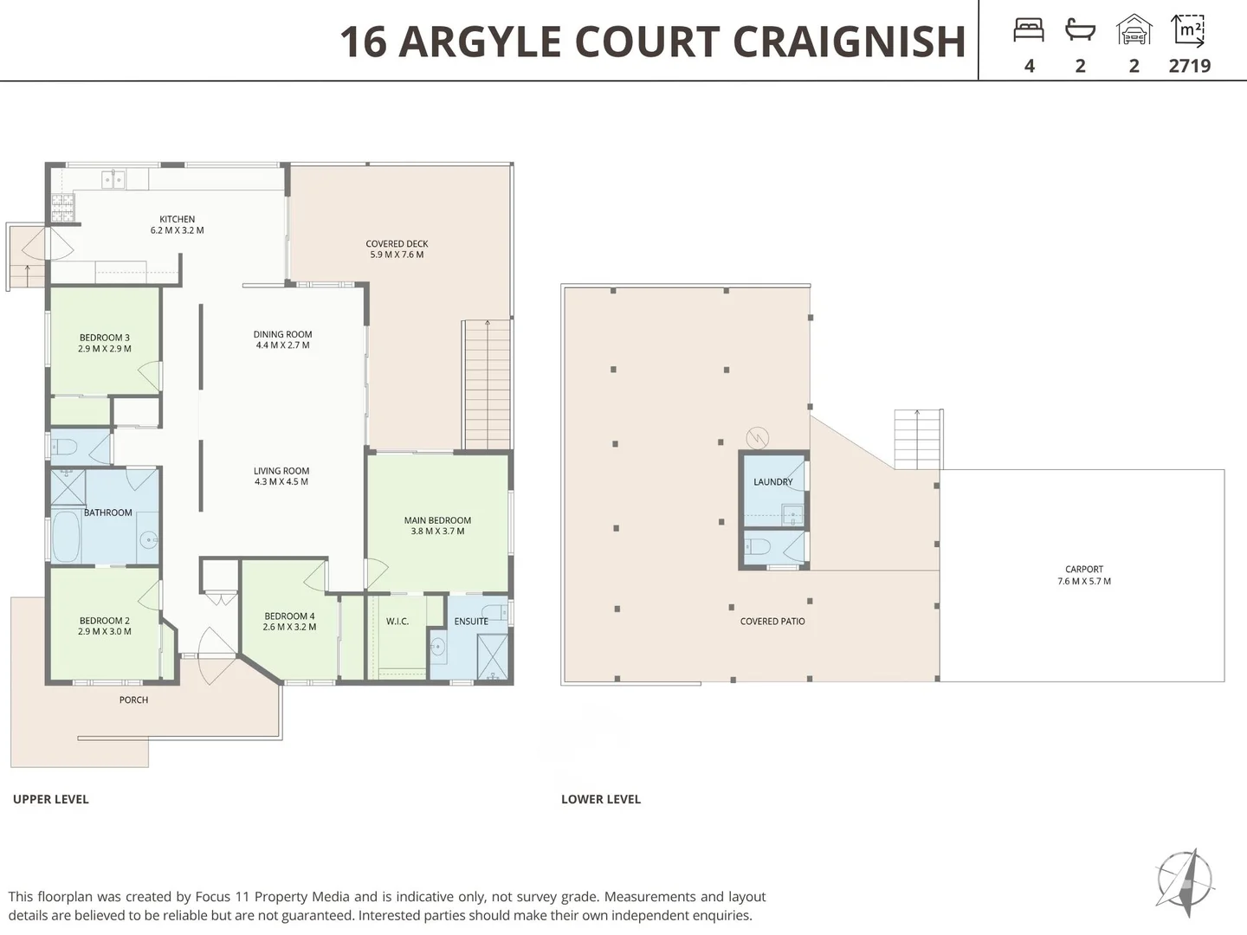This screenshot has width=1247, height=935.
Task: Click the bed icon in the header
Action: click(1029, 30)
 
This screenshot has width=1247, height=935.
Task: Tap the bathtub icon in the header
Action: click(1080, 29)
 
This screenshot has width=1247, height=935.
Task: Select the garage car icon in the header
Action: click(1134, 29)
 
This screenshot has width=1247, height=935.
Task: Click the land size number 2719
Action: click(1190, 66)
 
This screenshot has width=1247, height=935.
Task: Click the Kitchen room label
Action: click(178, 219)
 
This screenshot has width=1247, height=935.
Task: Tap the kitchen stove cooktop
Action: click(62, 208)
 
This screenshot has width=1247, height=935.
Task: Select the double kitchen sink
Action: click(113, 179)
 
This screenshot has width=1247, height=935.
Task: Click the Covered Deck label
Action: click(397, 243)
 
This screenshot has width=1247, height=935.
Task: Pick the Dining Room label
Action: click(283, 334)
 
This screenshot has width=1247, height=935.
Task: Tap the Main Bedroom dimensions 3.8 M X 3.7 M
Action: click(437, 532)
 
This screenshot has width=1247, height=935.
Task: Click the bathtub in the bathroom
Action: click(67, 537)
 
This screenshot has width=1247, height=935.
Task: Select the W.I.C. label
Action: click(397, 622)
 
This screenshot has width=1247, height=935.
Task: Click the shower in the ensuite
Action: click(492, 657)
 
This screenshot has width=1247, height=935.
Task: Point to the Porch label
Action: click(133, 700)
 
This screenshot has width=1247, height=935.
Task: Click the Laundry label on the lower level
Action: click(772, 482)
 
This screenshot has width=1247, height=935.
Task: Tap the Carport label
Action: click(1084, 569)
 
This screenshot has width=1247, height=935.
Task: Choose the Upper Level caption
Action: click(51, 799)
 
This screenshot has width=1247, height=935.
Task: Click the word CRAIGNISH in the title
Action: click(850, 42)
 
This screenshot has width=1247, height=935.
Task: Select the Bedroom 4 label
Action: click(289, 616)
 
